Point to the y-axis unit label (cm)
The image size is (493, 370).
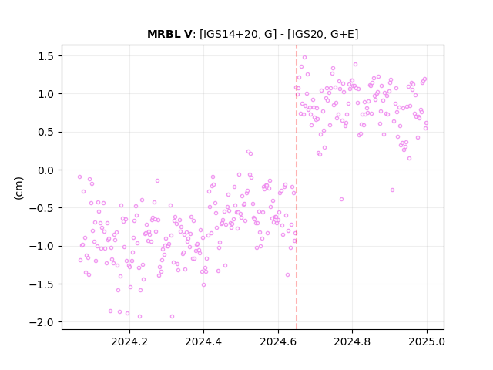18,188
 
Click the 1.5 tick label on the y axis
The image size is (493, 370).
46,56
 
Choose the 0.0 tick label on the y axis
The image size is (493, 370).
46,170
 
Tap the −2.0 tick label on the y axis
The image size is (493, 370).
42,322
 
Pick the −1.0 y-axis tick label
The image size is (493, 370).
42,246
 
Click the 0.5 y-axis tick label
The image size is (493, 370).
46,132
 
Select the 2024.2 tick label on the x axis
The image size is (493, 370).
129,341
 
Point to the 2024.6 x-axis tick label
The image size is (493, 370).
278,341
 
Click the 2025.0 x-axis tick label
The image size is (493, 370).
427,341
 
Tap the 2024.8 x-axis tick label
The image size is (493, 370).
352,341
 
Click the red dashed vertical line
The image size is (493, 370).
296,187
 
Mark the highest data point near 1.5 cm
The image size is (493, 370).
304,58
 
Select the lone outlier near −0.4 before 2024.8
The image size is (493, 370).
341,199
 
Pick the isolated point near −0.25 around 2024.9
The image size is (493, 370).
392,190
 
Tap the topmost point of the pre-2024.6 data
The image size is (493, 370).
248,152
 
